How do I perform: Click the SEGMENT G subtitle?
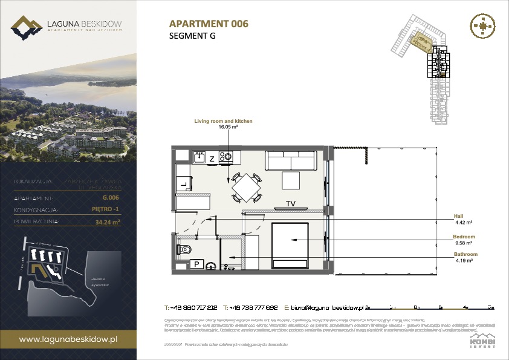(192, 36)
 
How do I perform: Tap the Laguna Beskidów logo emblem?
(26, 27)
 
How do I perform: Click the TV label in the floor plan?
(290, 203)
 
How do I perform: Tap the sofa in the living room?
(291, 162)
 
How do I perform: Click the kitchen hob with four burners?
(226, 157)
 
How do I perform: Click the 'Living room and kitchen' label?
(223, 122)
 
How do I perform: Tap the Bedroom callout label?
(464, 236)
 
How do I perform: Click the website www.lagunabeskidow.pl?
(68, 340)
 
